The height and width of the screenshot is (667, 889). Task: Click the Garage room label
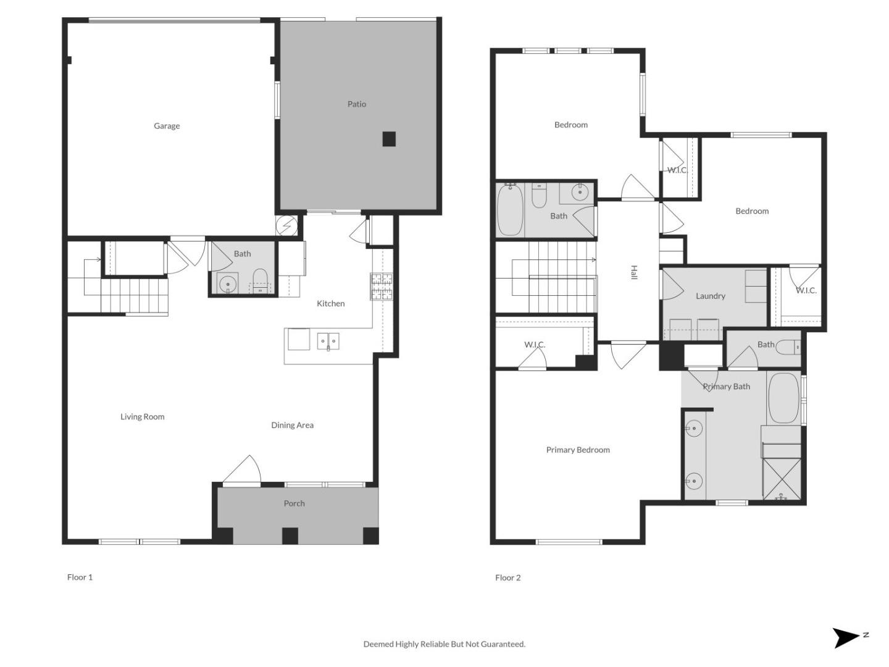167,126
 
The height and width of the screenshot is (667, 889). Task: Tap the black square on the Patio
389,139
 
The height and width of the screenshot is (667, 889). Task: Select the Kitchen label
330,303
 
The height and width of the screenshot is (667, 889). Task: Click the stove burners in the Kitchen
382,287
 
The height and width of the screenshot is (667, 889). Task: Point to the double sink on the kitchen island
328,341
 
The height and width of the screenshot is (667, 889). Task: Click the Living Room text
142,417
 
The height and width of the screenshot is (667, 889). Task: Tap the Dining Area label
292,425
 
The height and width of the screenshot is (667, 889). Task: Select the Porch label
294,503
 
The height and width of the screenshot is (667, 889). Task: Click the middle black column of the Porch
290,535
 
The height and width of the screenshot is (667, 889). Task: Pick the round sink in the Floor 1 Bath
228,283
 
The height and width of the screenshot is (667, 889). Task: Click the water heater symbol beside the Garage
286,226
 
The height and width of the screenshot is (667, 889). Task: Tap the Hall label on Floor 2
633,272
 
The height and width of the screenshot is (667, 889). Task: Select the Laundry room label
710,296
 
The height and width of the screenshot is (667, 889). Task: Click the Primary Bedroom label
578,450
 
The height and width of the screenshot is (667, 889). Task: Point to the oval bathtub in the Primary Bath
783,398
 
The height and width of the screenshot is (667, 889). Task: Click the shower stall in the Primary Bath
782,478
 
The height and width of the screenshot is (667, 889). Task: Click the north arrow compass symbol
848,637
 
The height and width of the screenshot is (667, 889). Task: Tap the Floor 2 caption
507,577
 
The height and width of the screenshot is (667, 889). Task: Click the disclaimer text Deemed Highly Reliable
444,644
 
